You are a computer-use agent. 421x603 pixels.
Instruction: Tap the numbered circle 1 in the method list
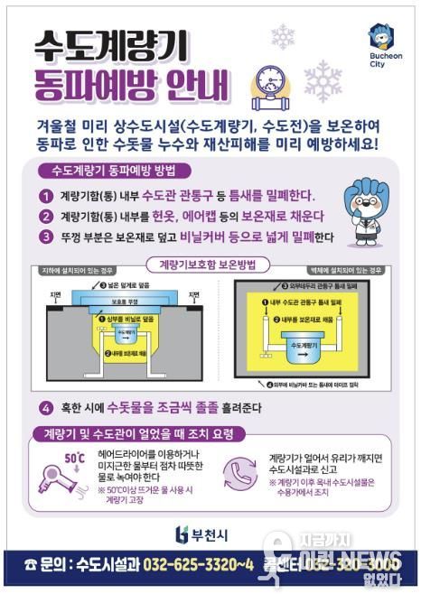(x=45, y=195)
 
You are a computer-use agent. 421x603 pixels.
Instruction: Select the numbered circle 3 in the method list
(x=45, y=237)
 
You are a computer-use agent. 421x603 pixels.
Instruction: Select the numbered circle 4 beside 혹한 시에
(x=46, y=408)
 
